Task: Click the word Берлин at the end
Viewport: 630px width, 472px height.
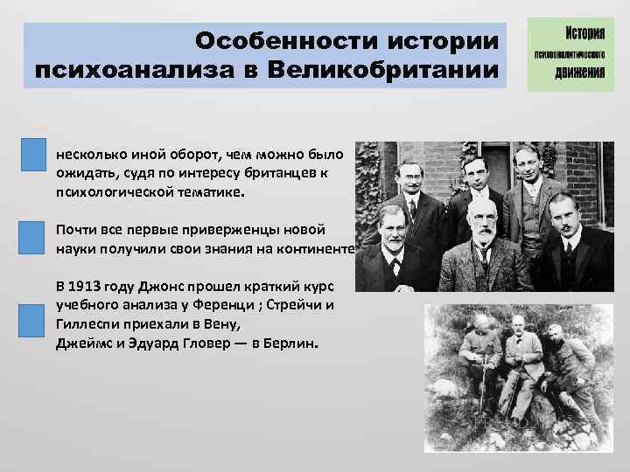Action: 295,343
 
